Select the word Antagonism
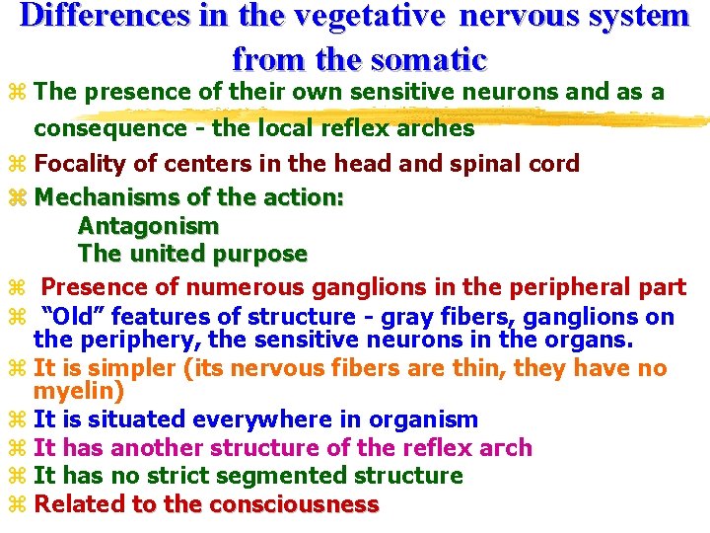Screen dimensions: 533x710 pyautogui.click(x=148, y=226)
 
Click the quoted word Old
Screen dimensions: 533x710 pyautogui.click(x=75, y=317)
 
